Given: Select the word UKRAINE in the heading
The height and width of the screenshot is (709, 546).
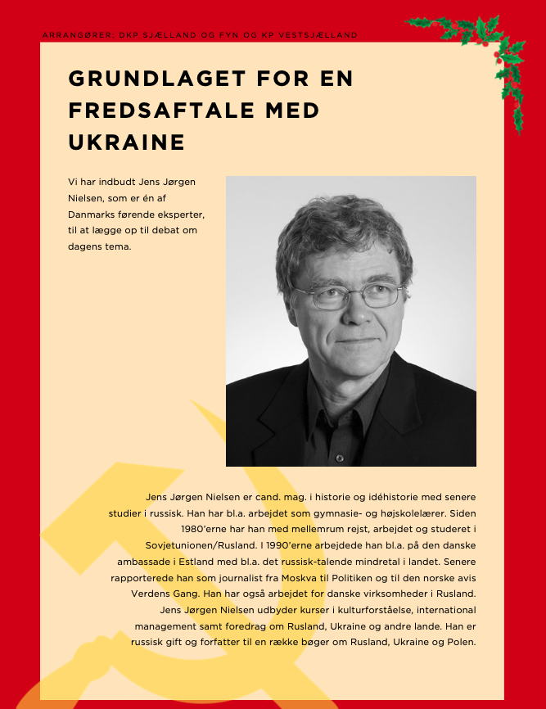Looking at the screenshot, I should (x=127, y=142).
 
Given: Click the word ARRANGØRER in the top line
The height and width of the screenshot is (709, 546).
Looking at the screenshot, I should (x=76, y=35).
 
